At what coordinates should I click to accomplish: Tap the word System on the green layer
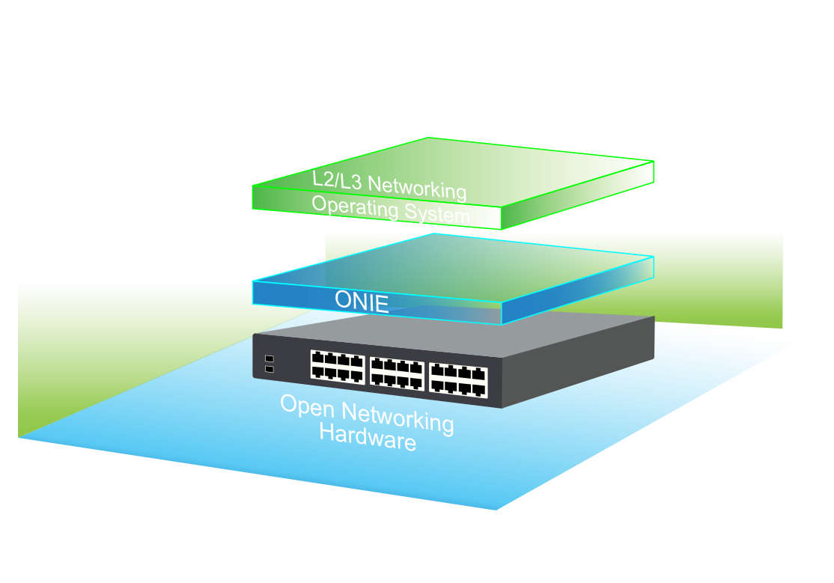click(x=437, y=214)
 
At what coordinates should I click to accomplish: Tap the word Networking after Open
click(x=397, y=417)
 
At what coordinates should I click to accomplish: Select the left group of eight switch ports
click(x=338, y=365)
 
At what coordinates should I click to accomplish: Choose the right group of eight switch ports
click(x=458, y=379)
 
